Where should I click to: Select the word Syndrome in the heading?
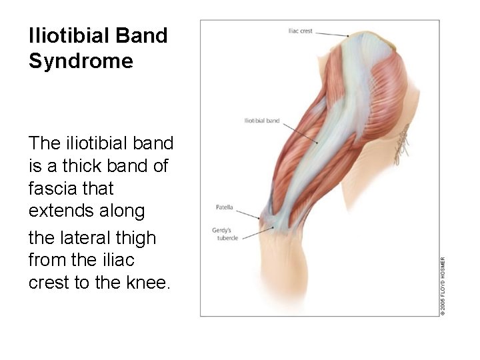(81, 62)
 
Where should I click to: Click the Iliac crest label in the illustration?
(299, 31)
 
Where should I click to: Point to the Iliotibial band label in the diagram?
(262, 121)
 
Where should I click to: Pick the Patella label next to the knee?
(224, 208)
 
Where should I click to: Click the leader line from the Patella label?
(247, 213)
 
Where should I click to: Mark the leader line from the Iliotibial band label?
(300, 131)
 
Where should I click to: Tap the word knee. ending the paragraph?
(151, 283)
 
